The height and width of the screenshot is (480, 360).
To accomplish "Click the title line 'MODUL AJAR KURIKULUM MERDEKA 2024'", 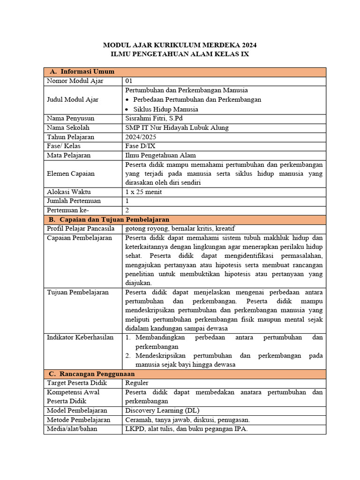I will [x=180, y=45].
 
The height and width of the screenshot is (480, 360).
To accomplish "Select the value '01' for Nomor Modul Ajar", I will [x=129, y=81].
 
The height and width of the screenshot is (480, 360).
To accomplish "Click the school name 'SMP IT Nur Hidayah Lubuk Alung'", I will [x=177, y=127].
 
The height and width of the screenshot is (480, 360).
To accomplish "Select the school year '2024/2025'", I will [x=141, y=137].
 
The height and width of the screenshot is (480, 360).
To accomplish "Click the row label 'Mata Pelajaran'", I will [x=69, y=155].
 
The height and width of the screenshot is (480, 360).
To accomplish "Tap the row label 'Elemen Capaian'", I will [x=71, y=173].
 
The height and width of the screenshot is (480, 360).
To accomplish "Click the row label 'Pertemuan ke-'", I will [x=68, y=210].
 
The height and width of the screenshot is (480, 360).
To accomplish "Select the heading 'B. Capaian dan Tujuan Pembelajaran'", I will [x=109, y=219].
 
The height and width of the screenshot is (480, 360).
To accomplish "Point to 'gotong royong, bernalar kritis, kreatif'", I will [x=180, y=228].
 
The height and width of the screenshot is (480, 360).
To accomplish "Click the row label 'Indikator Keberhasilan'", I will [x=80, y=337].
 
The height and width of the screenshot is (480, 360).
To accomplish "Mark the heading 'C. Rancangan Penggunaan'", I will [x=92, y=374].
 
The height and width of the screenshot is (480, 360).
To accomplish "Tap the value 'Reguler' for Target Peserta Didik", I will [x=137, y=383].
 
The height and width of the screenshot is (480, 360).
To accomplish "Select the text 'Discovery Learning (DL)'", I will [x=162, y=411].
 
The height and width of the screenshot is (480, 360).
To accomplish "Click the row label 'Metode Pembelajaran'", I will [x=79, y=420].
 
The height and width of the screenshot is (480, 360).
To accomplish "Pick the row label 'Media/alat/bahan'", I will [x=72, y=429].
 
